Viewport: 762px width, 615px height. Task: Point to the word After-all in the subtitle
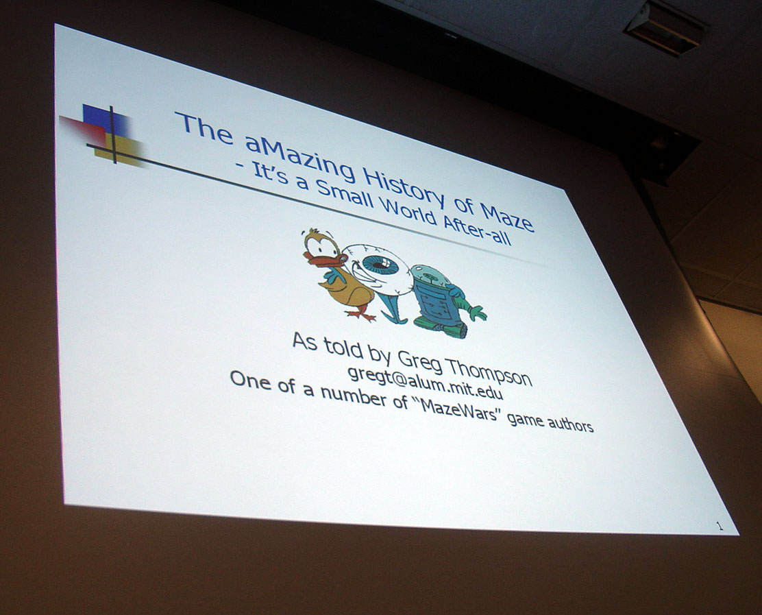477,232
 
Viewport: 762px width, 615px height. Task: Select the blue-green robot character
445,302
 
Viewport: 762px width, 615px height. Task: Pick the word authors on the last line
570,424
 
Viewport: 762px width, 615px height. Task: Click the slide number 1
720,526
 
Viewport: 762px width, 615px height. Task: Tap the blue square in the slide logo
104,120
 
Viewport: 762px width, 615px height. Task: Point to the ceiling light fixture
664,27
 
